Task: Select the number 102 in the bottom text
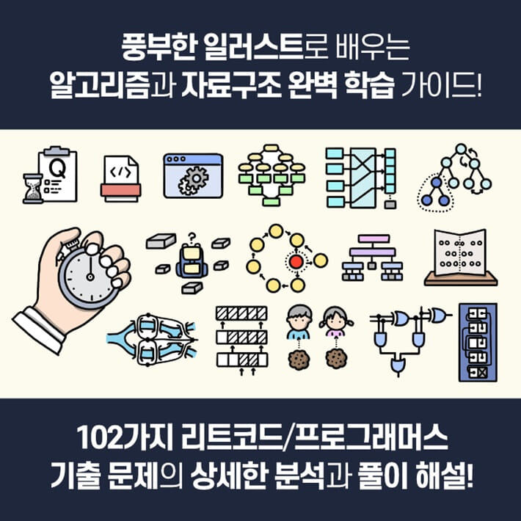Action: tap(98, 443)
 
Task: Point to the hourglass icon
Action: tap(33, 189)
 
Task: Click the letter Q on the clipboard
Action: tap(55, 168)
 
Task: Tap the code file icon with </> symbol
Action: tap(120, 178)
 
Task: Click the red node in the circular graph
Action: tap(296, 262)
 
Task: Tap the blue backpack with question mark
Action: tap(189, 260)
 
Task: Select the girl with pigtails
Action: tap(335, 321)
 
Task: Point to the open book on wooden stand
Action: tap(460, 257)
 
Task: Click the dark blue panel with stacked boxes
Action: tap(477, 342)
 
